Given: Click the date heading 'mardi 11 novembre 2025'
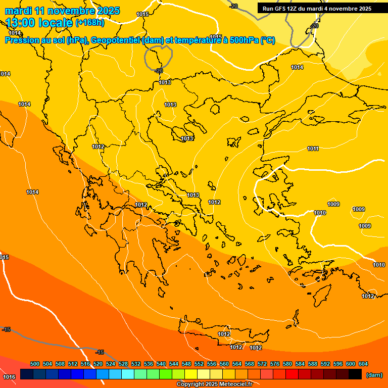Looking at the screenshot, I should (x=62, y=11).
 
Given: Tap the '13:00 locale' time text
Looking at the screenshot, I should (x=39, y=23).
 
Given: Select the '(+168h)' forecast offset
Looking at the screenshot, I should (x=90, y=23).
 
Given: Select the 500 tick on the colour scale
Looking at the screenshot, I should (x=35, y=364).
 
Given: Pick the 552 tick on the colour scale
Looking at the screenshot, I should (x=199, y=364).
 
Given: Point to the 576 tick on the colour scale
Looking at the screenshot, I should (x=275, y=364).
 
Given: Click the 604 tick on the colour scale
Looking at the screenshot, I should (x=363, y=364).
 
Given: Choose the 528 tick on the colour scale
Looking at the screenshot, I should (x=123, y=364).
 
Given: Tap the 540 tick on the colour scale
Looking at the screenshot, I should (x=161, y=364).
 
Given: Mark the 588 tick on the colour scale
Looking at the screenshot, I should (x=313, y=364).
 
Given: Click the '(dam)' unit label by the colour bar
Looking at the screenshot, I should (x=374, y=375).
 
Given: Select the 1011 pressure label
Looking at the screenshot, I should (x=313, y=149).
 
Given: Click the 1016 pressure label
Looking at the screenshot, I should (x=9, y=377).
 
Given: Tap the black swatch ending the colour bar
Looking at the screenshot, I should (x=355, y=374).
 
